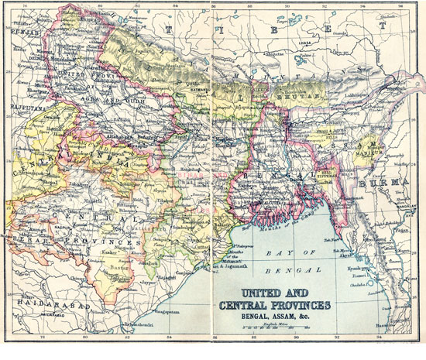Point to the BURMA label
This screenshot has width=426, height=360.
pyautogui.click(x=393, y=183)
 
